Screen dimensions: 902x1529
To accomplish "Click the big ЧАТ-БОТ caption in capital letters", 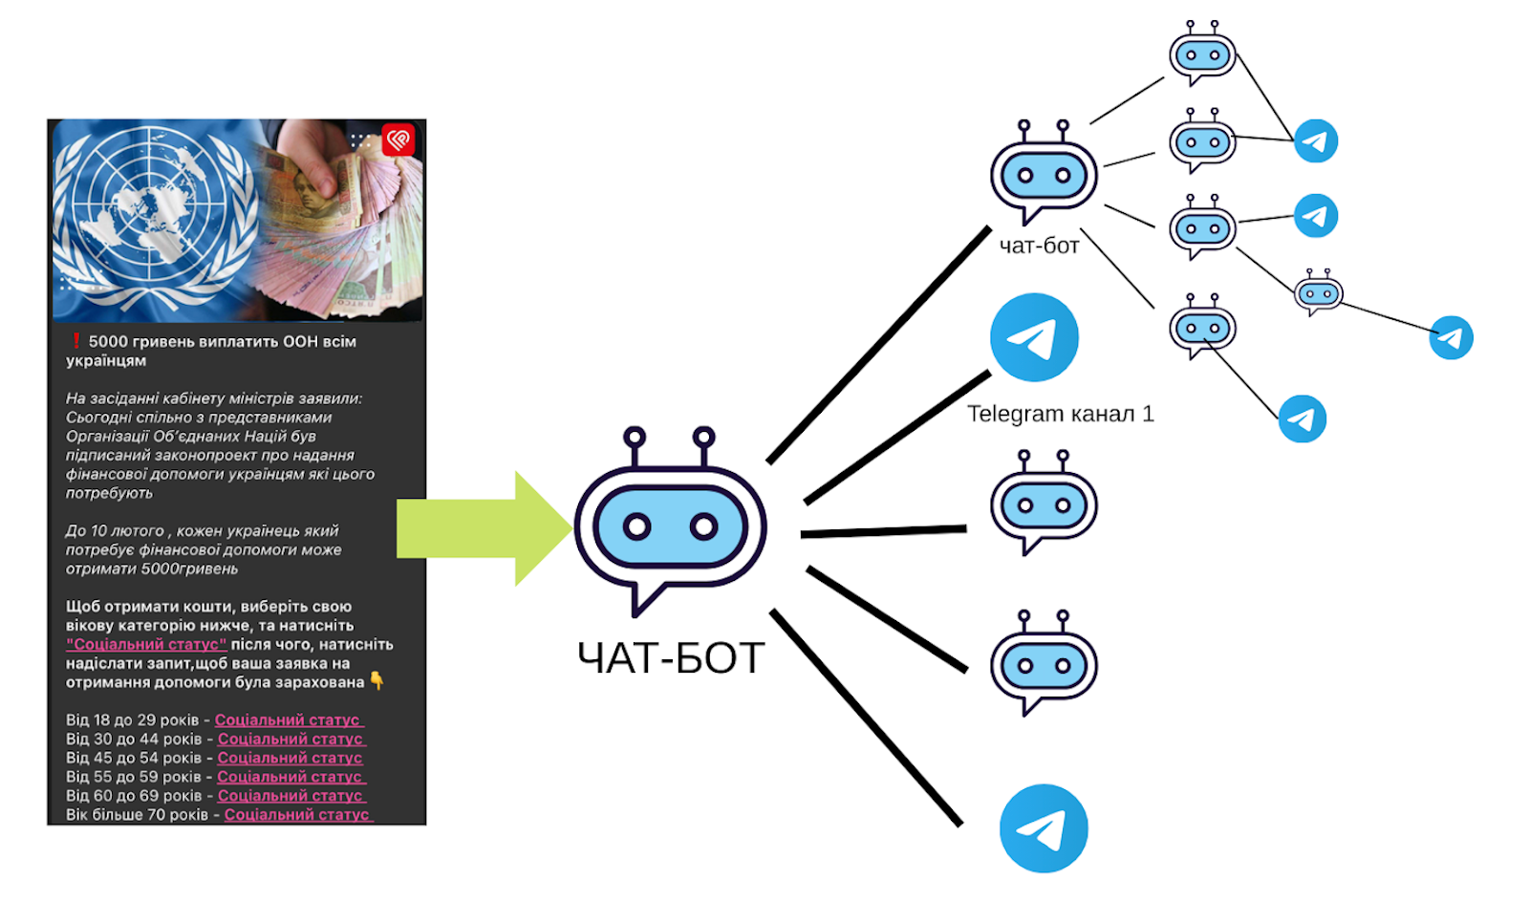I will coord(671,658).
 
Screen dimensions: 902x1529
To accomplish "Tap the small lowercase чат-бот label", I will coord(1039,247).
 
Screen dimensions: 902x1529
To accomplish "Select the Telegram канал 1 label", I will coord(1060,414).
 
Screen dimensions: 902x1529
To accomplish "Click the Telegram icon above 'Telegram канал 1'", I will coord(1034,337).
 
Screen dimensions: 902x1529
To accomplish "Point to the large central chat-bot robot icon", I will coord(669,521).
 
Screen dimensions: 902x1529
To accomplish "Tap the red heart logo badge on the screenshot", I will coord(398,140).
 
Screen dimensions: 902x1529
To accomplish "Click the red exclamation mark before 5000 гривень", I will coord(75,341).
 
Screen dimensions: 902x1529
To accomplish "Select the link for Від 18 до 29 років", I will coord(289,719).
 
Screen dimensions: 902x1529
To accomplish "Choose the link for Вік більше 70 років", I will coord(297,815).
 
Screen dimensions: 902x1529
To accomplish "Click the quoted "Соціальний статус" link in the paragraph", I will coord(146,644).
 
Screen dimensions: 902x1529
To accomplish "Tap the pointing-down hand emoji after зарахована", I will coord(377,681).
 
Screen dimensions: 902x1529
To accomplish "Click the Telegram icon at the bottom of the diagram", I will coord(1044,828).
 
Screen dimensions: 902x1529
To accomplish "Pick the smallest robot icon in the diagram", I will coord(1319,293).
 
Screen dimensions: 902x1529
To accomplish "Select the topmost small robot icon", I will coord(1202,54).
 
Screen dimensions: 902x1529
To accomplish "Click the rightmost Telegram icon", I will coord(1451,337).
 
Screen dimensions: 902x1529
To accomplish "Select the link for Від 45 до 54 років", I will coord(290,758).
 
